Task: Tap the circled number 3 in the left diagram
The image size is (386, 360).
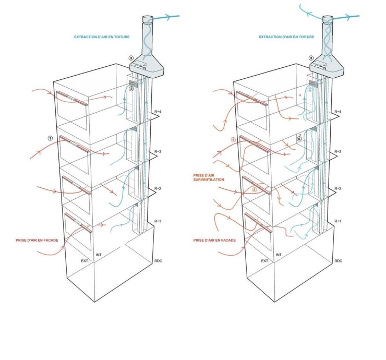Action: coord(132,58)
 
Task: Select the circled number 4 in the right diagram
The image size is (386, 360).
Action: coord(255,190)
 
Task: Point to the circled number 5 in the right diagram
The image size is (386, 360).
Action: coord(299,139)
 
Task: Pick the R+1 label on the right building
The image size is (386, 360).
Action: coord(337,221)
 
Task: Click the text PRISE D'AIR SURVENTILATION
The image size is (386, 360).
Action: coord(209,177)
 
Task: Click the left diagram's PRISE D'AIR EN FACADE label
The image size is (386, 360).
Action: coord(37,240)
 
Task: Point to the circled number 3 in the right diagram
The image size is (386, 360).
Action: coord(311,58)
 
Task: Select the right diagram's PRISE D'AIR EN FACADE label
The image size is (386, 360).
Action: coord(214,240)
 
